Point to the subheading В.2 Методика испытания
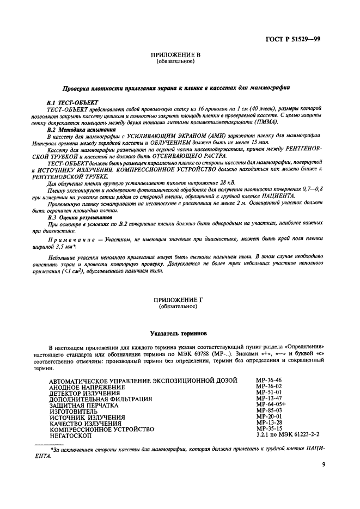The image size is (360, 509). (81, 130)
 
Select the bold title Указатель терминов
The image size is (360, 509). (180, 333)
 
